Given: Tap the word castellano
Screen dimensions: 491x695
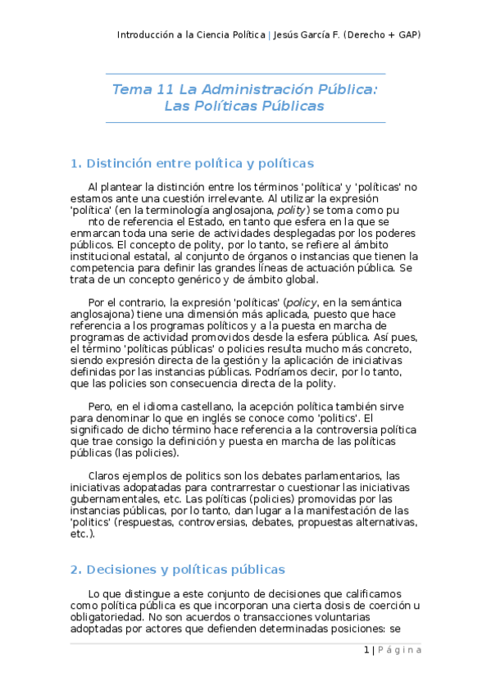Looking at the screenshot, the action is (x=205, y=407).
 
